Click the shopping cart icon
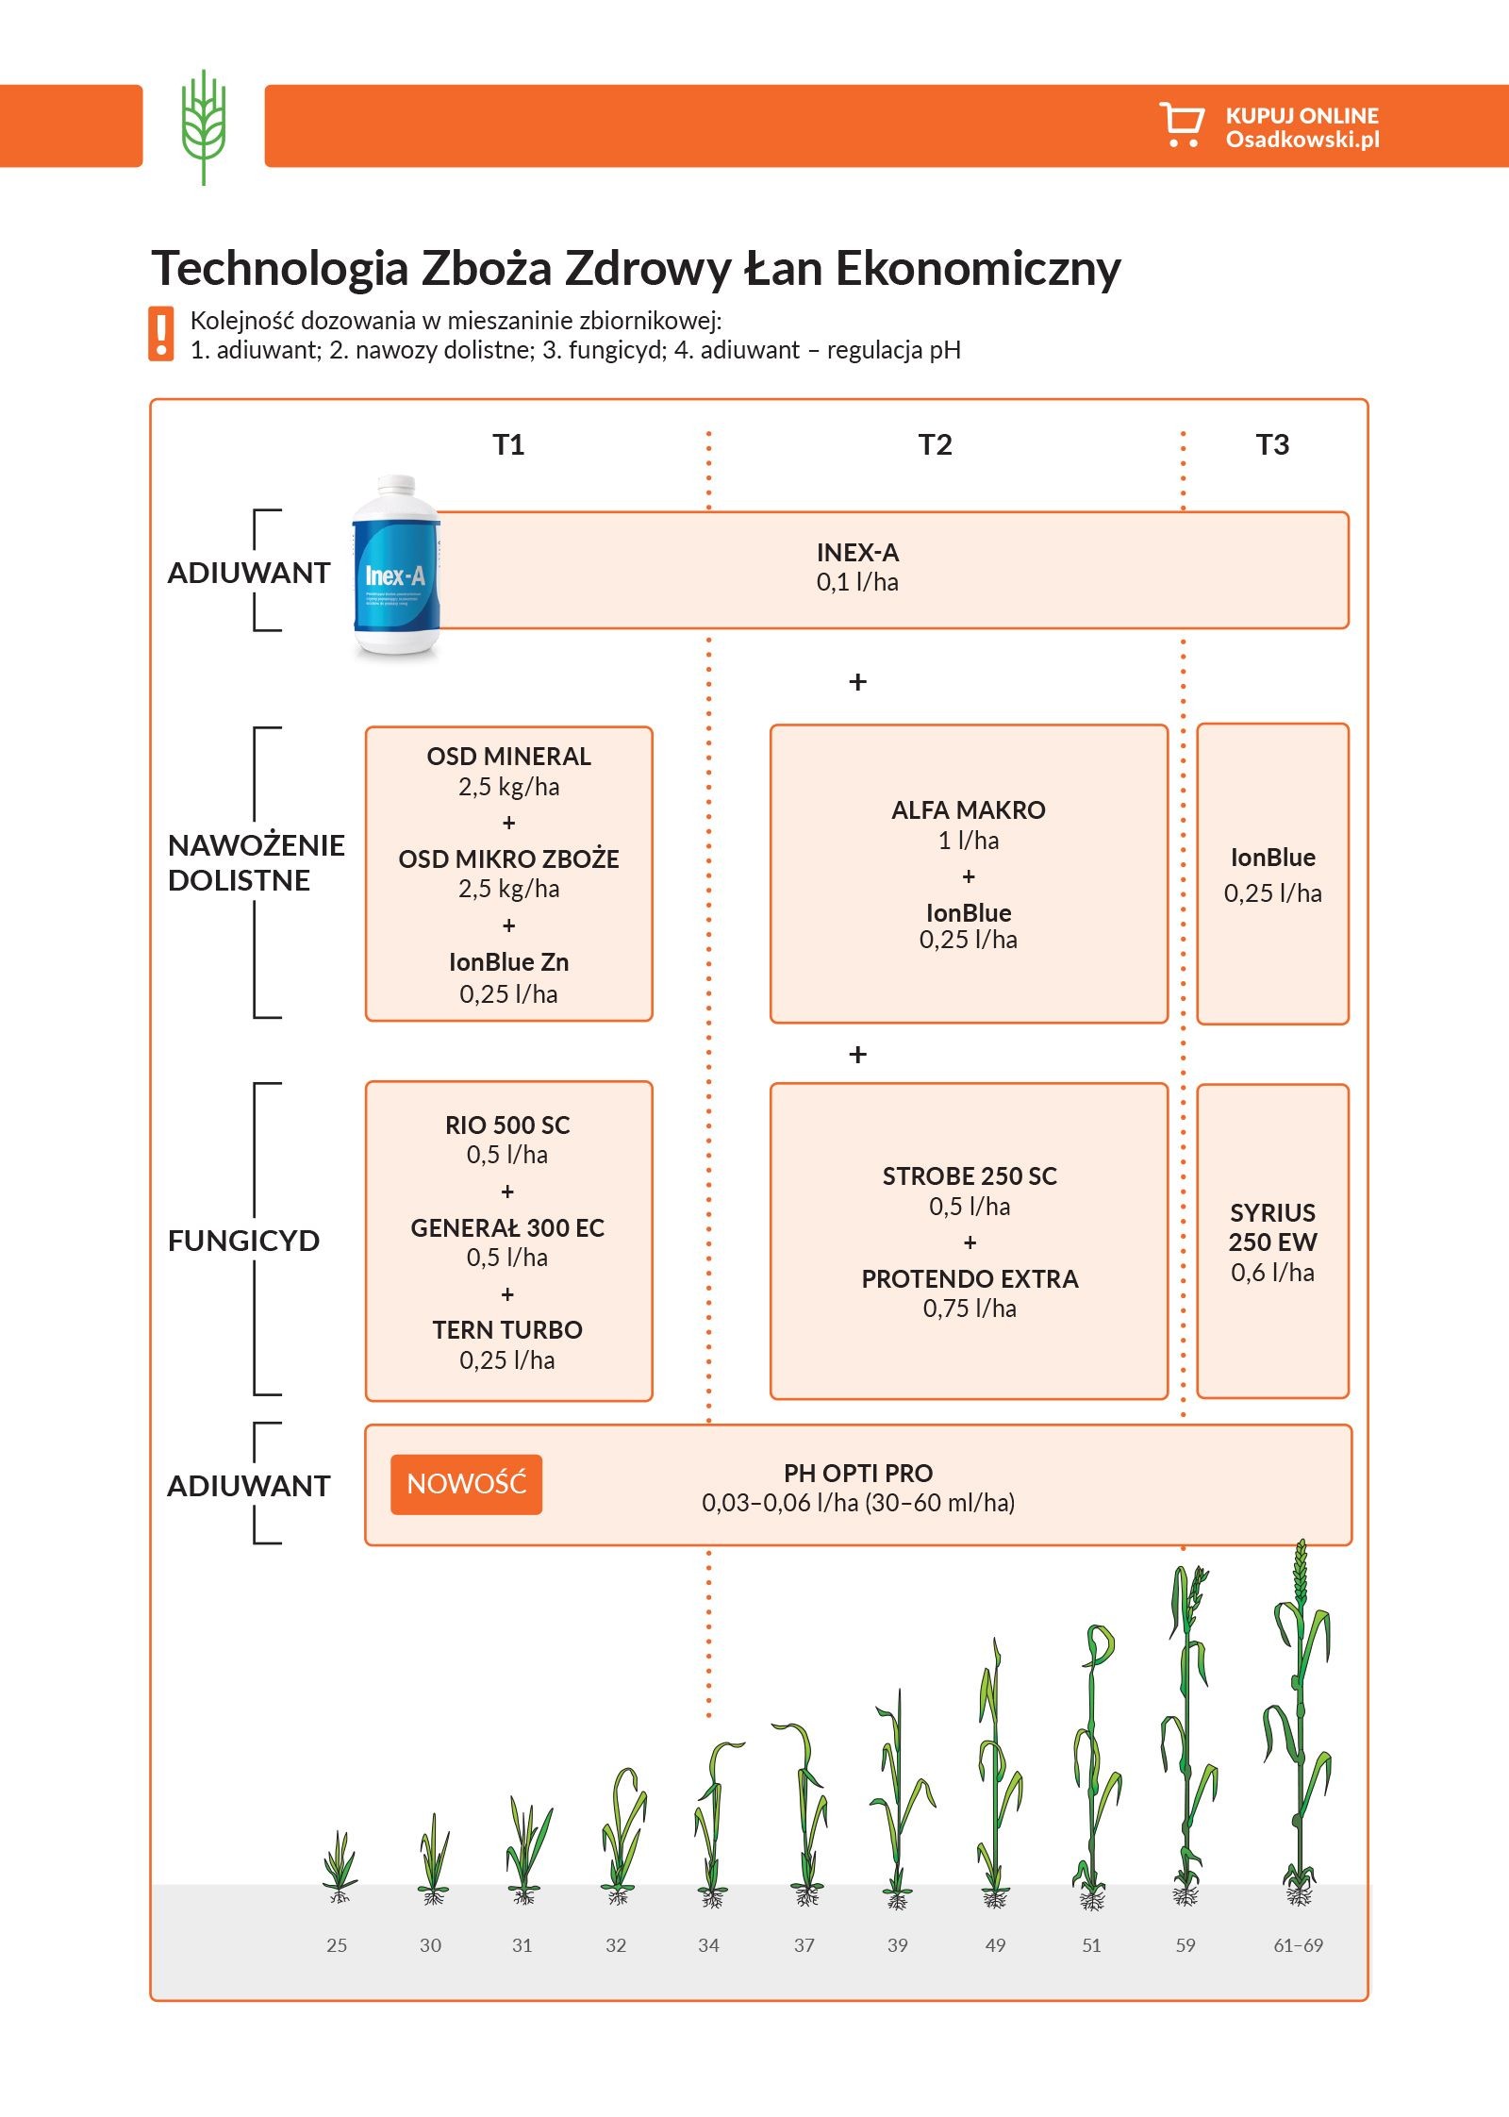1181,125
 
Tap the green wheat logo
204,126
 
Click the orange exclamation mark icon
161,334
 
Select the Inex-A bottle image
396,568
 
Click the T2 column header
935,444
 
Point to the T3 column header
1272,444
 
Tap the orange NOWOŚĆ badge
466,1484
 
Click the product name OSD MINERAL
508,757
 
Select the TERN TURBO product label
507,1330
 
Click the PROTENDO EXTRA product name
970,1279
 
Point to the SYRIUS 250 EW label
1272,1227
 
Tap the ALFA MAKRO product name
969,810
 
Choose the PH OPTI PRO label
857,1474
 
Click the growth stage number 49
995,1945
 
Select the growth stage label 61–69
1298,1945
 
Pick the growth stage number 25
337,1945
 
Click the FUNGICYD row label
243,1241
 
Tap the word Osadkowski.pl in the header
1302,140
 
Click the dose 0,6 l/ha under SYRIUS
1272,1274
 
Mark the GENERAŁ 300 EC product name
507,1228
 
